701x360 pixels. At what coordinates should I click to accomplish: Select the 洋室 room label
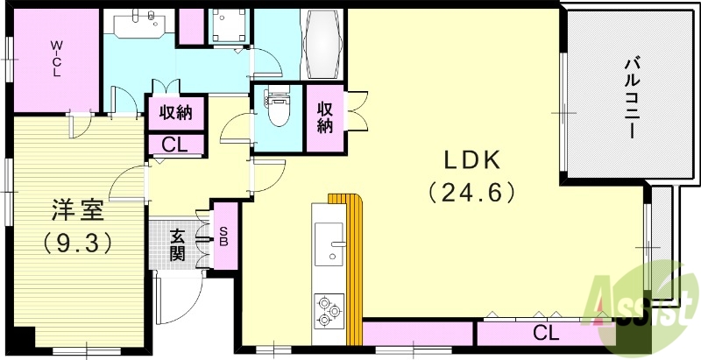click(x=78, y=211)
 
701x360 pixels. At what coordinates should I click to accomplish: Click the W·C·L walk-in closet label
click(x=55, y=58)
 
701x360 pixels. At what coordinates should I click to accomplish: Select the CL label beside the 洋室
click(x=176, y=145)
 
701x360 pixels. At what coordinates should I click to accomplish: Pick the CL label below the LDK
click(x=545, y=333)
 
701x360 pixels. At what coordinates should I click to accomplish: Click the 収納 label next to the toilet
click(x=325, y=117)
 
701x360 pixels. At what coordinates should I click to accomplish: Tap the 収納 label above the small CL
click(x=176, y=112)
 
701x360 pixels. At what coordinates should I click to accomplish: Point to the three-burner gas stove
click(x=329, y=311)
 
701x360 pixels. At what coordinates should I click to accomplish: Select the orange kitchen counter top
click(x=353, y=263)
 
